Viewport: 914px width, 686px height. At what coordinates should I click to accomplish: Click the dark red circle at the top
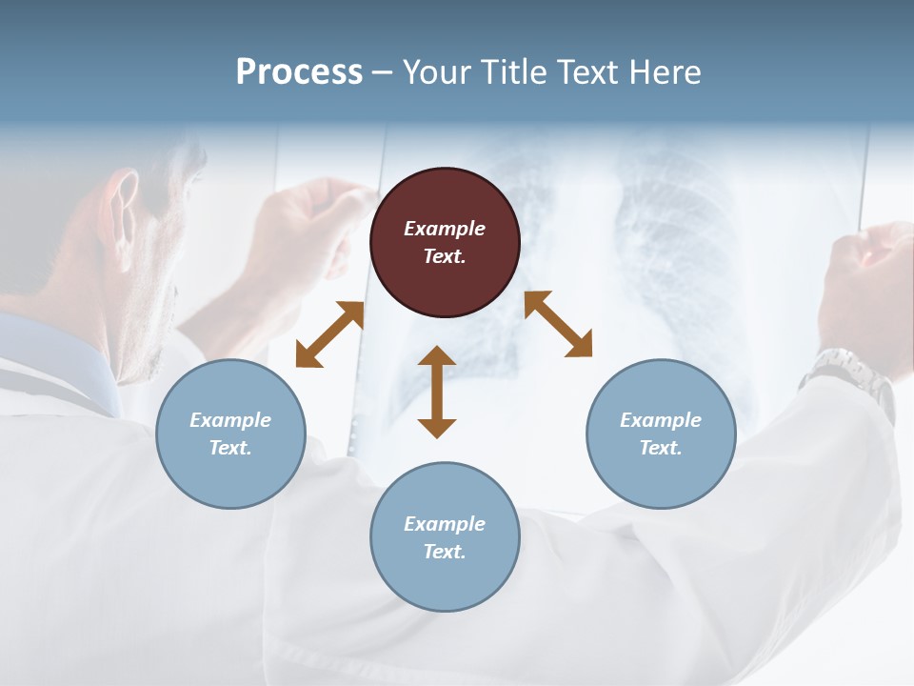click(x=445, y=242)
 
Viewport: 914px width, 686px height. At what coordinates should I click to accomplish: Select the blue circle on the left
click(x=230, y=434)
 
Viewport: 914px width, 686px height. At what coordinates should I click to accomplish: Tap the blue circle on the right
click(x=661, y=434)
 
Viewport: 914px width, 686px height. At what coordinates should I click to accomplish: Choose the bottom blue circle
click(x=445, y=537)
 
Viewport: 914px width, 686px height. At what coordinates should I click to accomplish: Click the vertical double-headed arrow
click(x=437, y=392)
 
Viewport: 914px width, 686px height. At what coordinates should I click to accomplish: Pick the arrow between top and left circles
click(x=329, y=334)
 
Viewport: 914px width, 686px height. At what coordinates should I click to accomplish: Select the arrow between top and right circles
click(x=558, y=324)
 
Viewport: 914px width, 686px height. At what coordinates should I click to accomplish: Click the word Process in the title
click(x=299, y=72)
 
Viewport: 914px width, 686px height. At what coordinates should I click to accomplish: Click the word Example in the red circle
click(x=445, y=229)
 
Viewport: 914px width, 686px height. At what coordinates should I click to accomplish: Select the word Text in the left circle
click(x=230, y=448)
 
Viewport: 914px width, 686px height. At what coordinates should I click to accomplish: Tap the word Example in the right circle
click(x=661, y=420)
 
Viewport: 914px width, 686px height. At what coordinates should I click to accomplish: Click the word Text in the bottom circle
click(x=445, y=552)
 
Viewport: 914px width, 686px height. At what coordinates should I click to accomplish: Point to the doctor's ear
click(x=122, y=202)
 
